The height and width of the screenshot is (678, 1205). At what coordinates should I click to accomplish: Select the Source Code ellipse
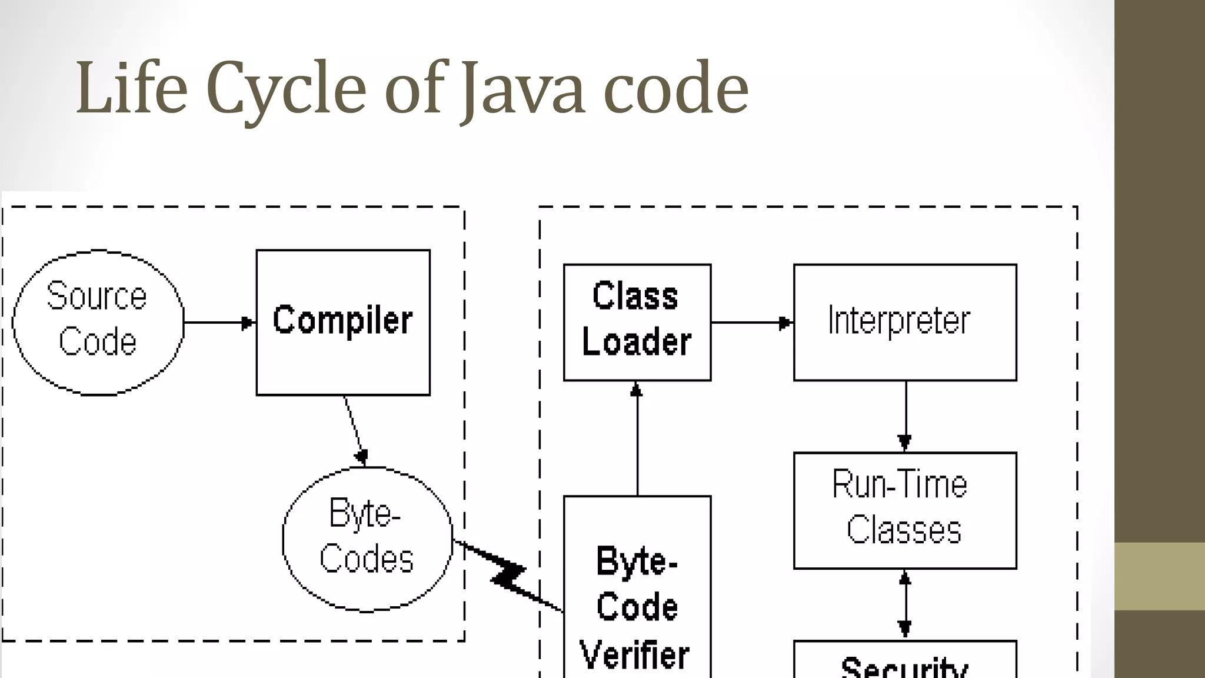tap(98, 322)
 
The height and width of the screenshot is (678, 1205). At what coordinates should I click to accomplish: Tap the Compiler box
tap(343, 321)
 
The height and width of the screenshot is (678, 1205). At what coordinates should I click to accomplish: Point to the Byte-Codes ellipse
tap(367, 539)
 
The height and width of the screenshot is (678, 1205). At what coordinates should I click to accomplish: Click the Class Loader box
tap(637, 322)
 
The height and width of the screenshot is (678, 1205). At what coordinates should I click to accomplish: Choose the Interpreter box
tap(904, 322)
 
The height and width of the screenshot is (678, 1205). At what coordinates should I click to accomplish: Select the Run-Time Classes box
tap(904, 510)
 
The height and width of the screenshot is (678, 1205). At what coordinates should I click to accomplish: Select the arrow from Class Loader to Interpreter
tap(751, 323)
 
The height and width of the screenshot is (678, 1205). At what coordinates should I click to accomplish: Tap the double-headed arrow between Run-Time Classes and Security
tap(906, 604)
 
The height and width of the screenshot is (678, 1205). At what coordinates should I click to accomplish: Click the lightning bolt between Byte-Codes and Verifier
tap(509, 576)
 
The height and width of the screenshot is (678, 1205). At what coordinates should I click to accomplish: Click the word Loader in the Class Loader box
tap(637, 343)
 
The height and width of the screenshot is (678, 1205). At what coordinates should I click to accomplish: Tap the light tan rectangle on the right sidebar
tap(1159, 576)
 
